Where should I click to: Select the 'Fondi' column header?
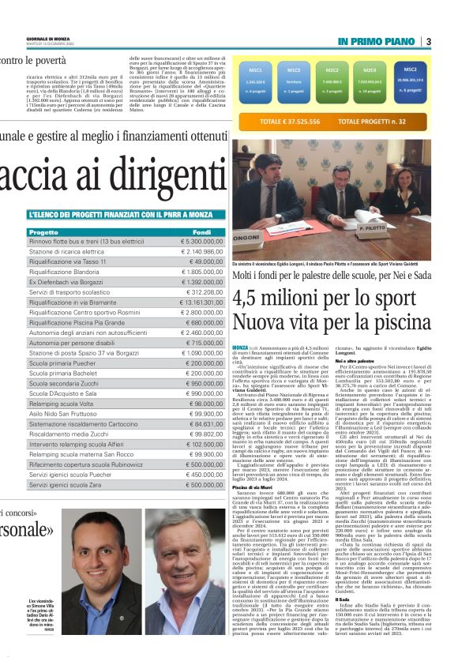click(x=201, y=232)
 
